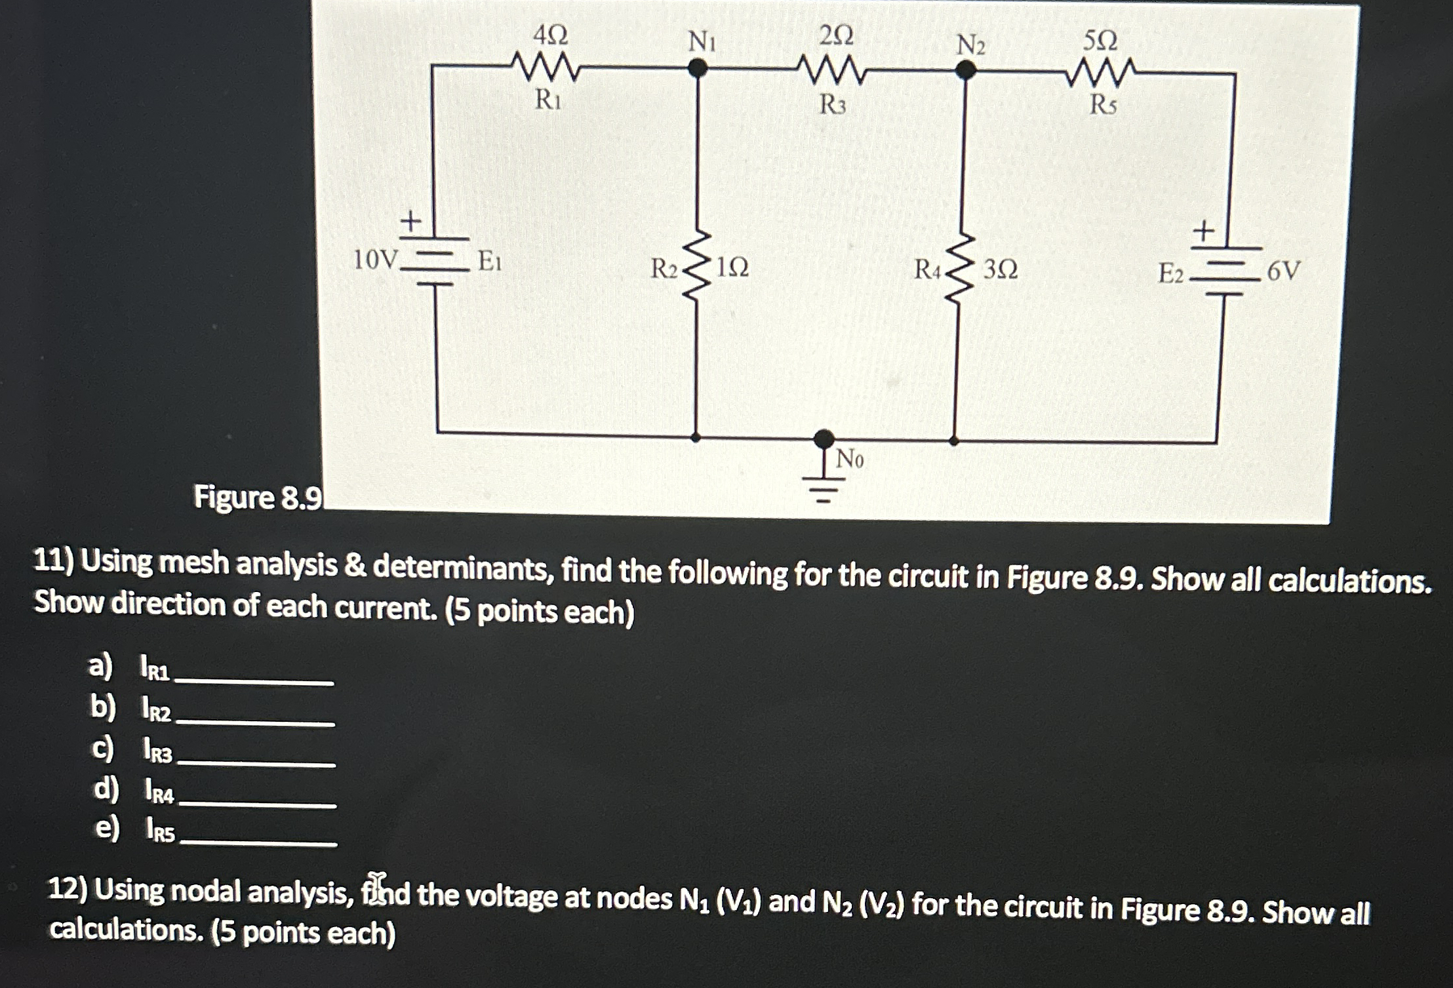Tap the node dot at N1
coord(697,67)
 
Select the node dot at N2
coord(965,69)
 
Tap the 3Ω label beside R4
coord(1001,269)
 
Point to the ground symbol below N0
coord(824,488)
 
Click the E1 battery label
coord(490,262)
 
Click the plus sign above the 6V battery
coord(1203,231)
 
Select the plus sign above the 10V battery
coord(410,220)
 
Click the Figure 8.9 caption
coord(258,498)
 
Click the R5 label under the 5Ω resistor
coord(1102,105)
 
